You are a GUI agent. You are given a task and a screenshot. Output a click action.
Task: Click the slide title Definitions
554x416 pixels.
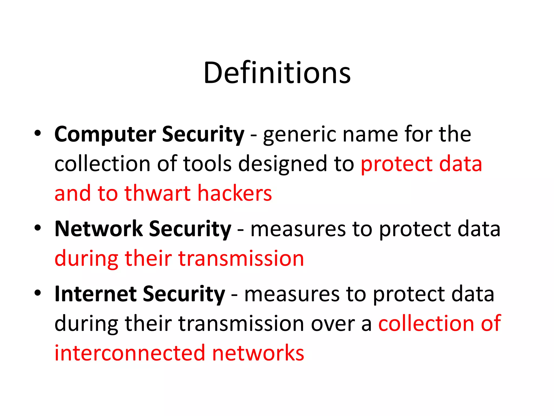(x=277, y=73)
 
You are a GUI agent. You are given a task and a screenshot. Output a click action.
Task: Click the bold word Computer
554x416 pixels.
(x=105, y=135)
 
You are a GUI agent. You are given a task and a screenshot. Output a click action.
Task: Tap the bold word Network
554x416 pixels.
(x=98, y=229)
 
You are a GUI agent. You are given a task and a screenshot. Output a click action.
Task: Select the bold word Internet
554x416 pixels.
(x=95, y=294)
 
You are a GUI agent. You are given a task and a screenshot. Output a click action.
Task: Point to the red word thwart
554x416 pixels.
(x=157, y=193)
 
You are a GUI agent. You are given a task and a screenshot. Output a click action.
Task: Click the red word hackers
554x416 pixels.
(x=235, y=193)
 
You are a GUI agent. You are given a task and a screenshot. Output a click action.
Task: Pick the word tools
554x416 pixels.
(x=207, y=164)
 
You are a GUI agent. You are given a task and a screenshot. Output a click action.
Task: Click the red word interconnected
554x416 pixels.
(x=130, y=353)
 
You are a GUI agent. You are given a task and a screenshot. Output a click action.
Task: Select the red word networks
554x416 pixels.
(x=258, y=353)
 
